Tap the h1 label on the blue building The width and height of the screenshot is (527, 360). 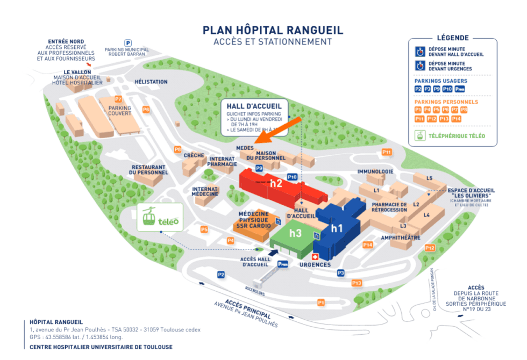pyautogui.click(x=337, y=228)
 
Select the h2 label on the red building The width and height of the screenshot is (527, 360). pyautogui.click(x=276, y=183)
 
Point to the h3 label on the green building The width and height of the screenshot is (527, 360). pyautogui.click(x=296, y=233)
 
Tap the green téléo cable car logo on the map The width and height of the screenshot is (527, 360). pyautogui.click(x=160, y=218)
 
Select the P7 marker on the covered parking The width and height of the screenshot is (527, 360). pyautogui.click(x=118, y=99)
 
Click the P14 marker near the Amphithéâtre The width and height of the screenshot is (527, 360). pyautogui.click(x=368, y=245)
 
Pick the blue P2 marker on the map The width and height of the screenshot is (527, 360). pyautogui.click(x=221, y=275)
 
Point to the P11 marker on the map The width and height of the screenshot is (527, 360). pyautogui.click(x=387, y=152)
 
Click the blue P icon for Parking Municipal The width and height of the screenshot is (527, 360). pyautogui.click(x=128, y=43)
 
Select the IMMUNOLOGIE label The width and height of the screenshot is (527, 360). pyautogui.click(x=375, y=172)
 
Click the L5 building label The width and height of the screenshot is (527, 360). pyautogui.click(x=429, y=178)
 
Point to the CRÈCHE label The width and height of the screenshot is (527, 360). pyautogui.click(x=194, y=155)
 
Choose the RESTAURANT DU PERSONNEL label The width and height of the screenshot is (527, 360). pyautogui.click(x=149, y=170)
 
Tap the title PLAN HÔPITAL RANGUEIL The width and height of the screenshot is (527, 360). pyautogui.click(x=273, y=30)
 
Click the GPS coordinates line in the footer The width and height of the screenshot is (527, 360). pyautogui.click(x=76, y=337)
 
